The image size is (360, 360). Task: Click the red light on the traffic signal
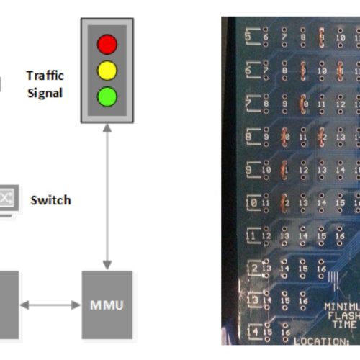107,45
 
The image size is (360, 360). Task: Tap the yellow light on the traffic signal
107,70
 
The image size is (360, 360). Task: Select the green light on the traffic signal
107,95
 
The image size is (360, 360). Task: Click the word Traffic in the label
44,75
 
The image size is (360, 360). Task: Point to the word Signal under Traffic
45,92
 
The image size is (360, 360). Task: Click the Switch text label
50,199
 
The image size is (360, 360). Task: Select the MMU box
107,305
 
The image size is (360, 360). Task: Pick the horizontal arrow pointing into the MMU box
50,305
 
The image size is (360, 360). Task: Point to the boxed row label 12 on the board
253,269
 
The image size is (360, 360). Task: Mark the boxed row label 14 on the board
253,332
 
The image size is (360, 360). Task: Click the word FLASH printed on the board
341,315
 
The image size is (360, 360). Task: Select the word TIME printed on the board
341,325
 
